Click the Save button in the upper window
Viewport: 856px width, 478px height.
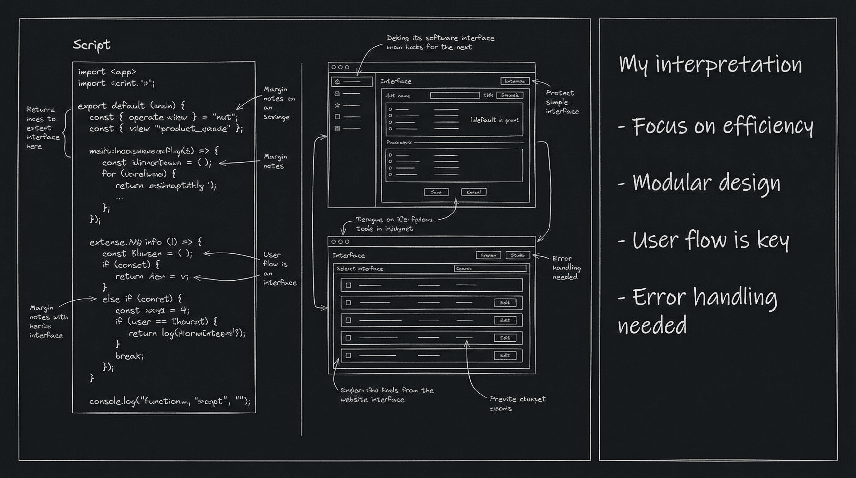click(436, 192)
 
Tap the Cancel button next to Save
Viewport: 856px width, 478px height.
click(473, 192)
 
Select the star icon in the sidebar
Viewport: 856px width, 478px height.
click(337, 105)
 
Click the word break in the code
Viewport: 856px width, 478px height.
click(129, 356)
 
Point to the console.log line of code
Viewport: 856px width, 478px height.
click(170, 401)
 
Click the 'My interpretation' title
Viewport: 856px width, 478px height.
click(710, 64)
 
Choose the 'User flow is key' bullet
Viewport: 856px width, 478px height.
click(704, 240)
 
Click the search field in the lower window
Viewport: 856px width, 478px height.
click(490, 269)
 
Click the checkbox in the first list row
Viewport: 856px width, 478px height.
click(348, 285)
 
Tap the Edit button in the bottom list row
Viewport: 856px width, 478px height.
click(505, 355)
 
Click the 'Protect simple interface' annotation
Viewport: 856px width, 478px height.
click(562, 102)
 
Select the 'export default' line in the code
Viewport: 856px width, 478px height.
click(131, 106)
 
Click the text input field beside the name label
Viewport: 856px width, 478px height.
click(454, 96)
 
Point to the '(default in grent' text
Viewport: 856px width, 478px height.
click(495, 120)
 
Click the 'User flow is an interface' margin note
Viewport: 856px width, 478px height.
click(279, 269)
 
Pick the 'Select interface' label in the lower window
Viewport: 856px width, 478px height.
click(360, 269)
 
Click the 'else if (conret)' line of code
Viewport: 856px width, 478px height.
click(142, 299)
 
